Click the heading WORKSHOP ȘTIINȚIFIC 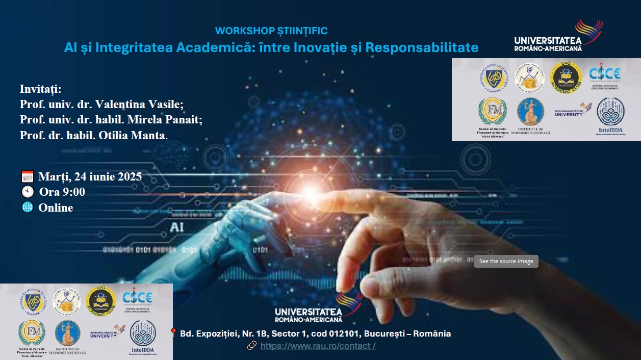pyautogui.click(x=271, y=31)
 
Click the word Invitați pyautogui.click(x=40, y=89)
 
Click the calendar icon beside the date pyautogui.click(x=28, y=177)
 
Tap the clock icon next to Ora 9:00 pyautogui.click(x=28, y=192)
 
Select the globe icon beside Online pyautogui.click(x=28, y=208)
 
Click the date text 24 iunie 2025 pyautogui.click(x=108, y=177)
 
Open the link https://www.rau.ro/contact pyautogui.click(x=318, y=346)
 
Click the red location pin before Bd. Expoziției pyautogui.click(x=173, y=333)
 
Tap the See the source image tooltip pyautogui.click(x=506, y=261)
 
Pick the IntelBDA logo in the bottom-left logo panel pyautogui.click(x=143, y=337)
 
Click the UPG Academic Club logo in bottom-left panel pyautogui.click(x=100, y=301)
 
